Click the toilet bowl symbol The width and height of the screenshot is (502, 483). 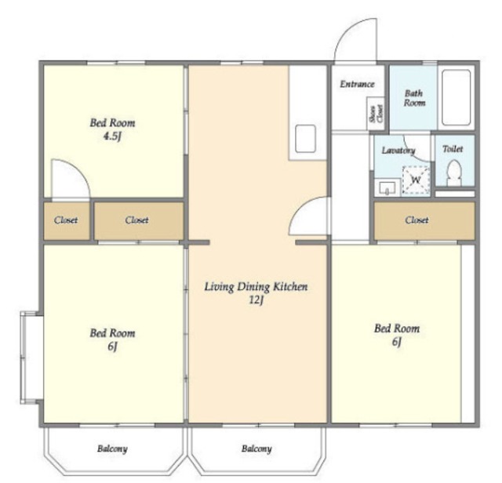tap(453, 172)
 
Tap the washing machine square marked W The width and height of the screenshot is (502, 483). tap(416, 180)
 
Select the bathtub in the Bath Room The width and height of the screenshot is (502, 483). tap(456, 97)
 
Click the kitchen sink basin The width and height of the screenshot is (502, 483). tap(305, 139)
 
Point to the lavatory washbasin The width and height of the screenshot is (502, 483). tap(387, 187)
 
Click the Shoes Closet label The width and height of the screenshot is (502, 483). tap(376, 114)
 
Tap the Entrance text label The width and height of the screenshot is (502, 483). tap(357, 84)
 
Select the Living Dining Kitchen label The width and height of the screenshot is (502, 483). tap(256, 286)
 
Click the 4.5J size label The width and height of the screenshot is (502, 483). tap(112, 136)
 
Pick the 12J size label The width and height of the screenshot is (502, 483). tap(256, 300)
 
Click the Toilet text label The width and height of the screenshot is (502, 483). tap(453, 149)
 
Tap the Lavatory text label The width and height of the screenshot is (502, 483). tap(398, 150)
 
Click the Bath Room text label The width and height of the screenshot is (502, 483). tap(415, 98)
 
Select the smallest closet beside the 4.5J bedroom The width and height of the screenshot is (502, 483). tap(66, 220)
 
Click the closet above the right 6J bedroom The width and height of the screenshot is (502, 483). tap(424, 220)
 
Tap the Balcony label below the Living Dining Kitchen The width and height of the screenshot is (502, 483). tap(256, 448)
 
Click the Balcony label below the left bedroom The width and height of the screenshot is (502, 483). tap(112, 448)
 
